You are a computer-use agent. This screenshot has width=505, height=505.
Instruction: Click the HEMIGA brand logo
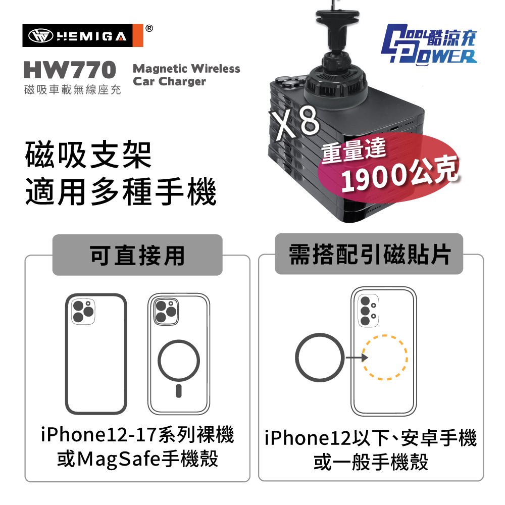tap(82, 35)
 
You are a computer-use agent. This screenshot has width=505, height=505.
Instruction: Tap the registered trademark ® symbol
tap(149, 28)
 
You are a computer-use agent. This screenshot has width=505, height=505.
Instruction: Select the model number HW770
tap(70, 70)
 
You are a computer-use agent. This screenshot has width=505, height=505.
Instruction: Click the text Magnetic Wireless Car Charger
tap(186, 75)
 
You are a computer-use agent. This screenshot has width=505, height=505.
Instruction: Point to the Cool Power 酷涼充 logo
tap(429, 44)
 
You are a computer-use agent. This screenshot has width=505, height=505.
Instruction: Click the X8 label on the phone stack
tap(294, 122)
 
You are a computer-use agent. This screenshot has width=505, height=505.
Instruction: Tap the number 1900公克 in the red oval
tap(399, 173)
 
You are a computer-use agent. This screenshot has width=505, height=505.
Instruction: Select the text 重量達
tap(353, 150)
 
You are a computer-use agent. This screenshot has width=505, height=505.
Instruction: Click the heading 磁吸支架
tap(88, 155)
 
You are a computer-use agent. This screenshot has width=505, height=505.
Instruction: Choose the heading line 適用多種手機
tap(121, 191)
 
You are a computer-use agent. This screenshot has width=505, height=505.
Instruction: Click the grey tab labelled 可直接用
tap(137, 255)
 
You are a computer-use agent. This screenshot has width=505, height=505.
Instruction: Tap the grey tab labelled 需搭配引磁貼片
tap(369, 254)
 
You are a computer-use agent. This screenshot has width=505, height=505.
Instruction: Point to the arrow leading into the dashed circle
tap(357, 358)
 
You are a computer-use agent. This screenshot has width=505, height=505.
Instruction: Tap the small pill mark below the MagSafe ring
tap(179, 391)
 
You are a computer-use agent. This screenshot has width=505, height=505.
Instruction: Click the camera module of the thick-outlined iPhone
tap(83, 312)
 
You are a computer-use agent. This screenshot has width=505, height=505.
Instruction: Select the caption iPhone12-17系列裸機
tap(137, 435)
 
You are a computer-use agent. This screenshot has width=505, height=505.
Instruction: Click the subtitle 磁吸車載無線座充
tap(73, 89)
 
